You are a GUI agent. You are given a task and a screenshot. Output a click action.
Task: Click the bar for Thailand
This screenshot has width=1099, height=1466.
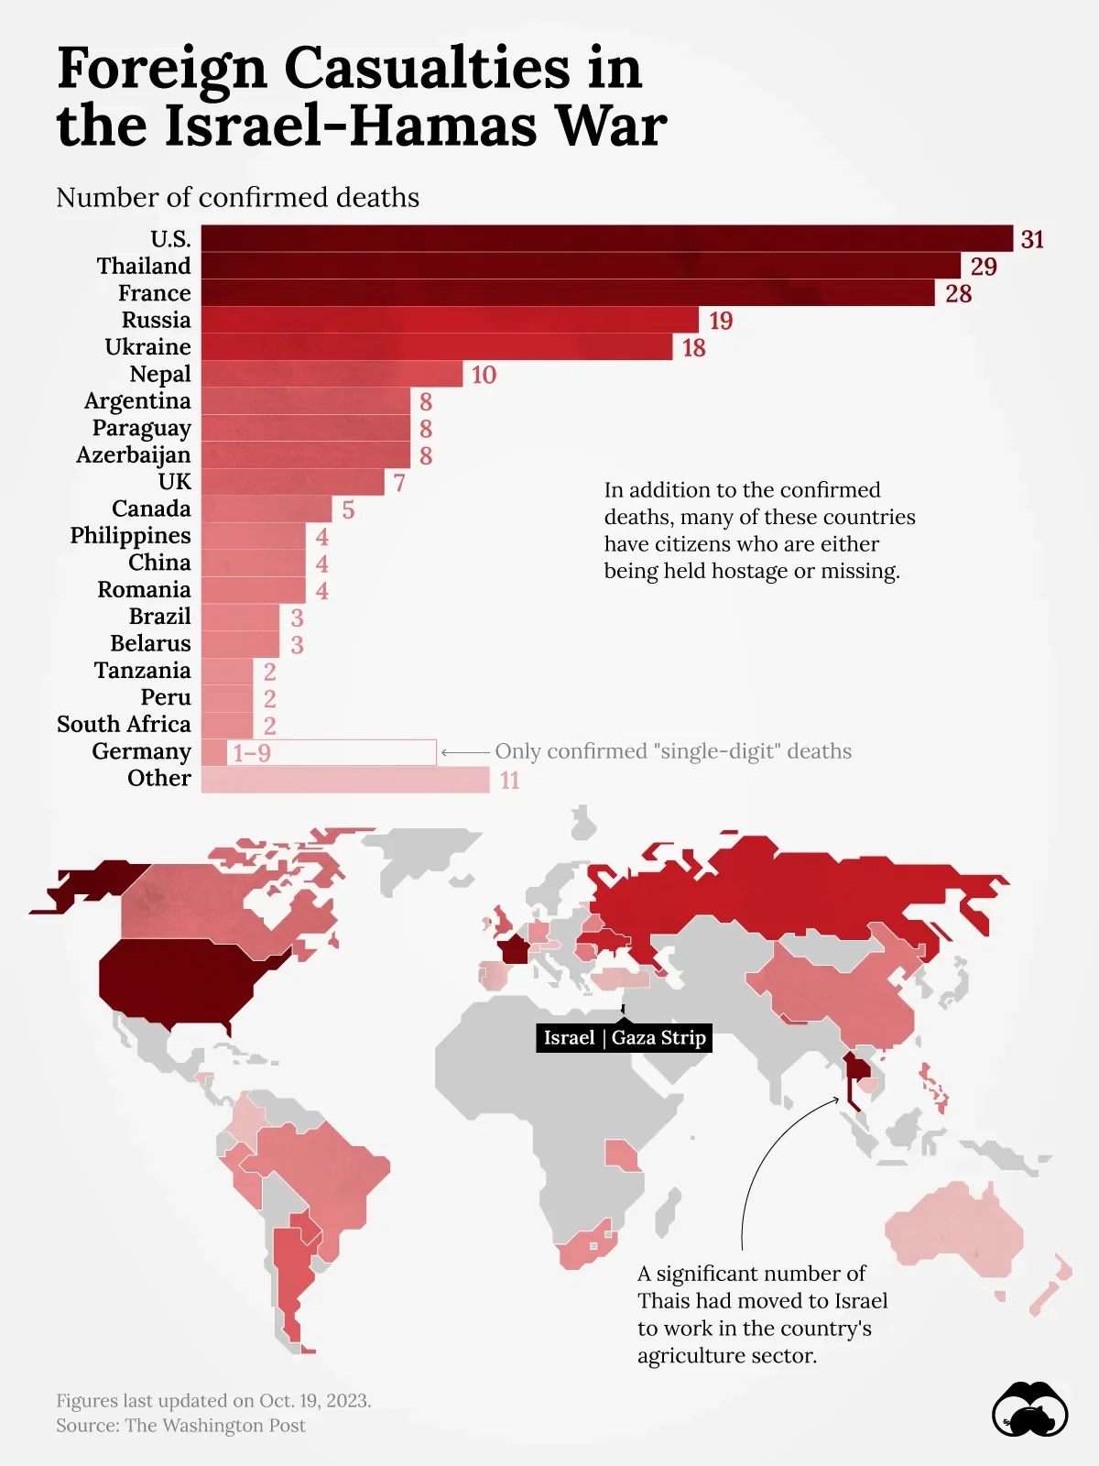click(x=581, y=266)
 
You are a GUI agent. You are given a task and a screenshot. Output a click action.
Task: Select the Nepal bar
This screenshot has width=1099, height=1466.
click(x=332, y=374)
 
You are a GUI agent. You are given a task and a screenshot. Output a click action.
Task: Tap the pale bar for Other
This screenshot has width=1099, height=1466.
click(x=345, y=780)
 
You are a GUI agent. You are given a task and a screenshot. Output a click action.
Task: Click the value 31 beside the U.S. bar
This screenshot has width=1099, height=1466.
click(x=1032, y=239)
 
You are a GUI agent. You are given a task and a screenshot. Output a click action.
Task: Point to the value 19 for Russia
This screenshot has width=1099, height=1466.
click(x=721, y=321)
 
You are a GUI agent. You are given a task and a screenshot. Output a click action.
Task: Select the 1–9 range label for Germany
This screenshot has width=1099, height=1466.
click(x=252, y=753)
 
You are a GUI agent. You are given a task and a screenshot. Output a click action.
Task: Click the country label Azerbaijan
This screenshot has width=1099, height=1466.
click(x=134, y=455)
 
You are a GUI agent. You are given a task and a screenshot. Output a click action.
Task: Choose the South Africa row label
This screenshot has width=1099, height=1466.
click(x=124, y=725)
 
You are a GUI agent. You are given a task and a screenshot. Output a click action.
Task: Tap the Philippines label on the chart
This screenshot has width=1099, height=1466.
click(x=131, y=536)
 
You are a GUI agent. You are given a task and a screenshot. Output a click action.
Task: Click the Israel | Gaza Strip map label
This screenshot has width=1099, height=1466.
click(x=624, y=1037)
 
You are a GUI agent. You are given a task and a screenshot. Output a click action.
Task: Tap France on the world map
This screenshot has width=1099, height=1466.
click(x=514, y=948)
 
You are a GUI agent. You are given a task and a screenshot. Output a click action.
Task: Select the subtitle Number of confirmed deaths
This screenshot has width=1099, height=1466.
click(x=237, y=198)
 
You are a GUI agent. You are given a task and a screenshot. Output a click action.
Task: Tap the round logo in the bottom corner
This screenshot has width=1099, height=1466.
click(x=1029, y=1410)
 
